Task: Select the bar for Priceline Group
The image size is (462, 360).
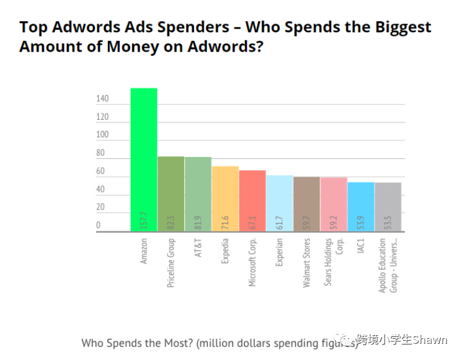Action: point(171,192)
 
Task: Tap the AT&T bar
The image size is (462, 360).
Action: point(198,193)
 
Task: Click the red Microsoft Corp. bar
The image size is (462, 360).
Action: point(252,200)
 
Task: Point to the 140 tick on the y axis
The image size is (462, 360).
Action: point(102,99)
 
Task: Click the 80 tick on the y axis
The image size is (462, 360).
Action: point(100,153)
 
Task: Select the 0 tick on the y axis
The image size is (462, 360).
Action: point(98,225)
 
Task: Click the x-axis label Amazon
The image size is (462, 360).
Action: point(144,251)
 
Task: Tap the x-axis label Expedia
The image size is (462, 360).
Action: point(225,251)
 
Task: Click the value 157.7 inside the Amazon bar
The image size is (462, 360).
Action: point(144,220)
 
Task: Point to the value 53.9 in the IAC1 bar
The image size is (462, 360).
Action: point(361,222)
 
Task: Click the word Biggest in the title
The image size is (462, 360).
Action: point(402,27)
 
